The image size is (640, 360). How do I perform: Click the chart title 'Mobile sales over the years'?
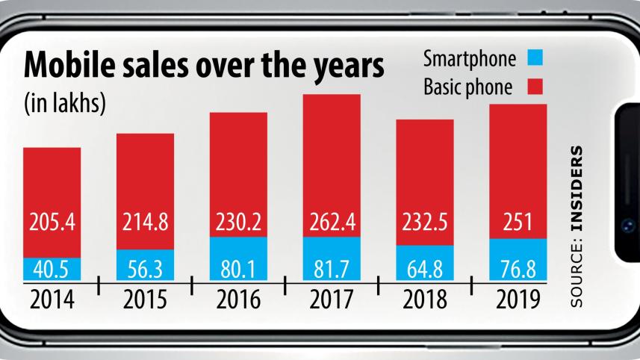pos(205,69)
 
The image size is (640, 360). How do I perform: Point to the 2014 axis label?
pos(52,300)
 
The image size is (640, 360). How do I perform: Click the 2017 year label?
pos(331,300)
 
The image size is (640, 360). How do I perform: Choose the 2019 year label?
pos(518,300)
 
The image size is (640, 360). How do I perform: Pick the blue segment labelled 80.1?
pos(238,260)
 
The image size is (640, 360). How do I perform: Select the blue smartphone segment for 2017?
pos(331,259)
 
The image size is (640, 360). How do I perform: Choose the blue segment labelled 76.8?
pos(518,261)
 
